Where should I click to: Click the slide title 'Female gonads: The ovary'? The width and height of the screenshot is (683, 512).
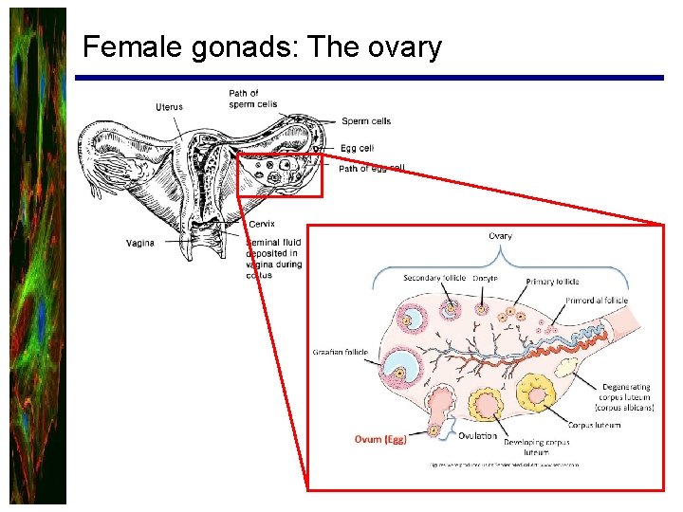262,46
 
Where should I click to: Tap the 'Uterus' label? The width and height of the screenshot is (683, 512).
169,107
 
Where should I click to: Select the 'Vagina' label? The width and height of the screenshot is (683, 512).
139,244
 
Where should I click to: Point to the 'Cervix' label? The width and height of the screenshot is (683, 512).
261,225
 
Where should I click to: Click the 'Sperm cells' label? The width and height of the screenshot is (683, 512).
366,121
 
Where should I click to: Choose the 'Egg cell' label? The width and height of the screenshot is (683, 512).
357,148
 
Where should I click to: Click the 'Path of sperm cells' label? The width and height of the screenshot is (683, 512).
252,98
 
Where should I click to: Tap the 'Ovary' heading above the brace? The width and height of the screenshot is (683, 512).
500,236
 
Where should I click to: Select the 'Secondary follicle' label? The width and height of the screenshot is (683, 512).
434,278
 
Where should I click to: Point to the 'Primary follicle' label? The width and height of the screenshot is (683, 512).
552,282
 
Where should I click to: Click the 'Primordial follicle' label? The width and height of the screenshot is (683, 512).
597,301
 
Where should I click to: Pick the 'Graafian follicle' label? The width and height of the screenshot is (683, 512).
340,353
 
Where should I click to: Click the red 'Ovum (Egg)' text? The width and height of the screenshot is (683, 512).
379,439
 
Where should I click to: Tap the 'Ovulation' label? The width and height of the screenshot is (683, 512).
477,436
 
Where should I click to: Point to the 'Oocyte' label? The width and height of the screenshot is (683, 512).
484,278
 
